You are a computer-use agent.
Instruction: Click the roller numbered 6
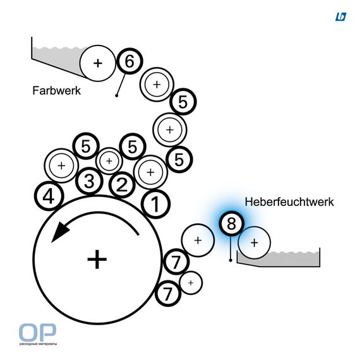pyautogui.click(x=129, y=61)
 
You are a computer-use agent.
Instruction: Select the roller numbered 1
pyautogui.click(x=155, y=204)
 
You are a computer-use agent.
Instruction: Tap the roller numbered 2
pyautogui.click(x=122, y=185)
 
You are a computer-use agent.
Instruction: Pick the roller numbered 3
pyautogui.click(x=89, y=181)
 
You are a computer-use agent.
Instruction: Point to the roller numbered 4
pyautogui.click(x=49, y=196)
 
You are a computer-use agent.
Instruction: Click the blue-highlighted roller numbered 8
pyautogui.click(x=231, y=224)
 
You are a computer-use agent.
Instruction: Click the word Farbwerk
pyautogui.click(x=56, y=91)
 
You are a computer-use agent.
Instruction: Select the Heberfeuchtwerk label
pyautogui.click(x=289, y=202)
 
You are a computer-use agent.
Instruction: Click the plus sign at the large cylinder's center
pyautogui.click(x=97, y=260)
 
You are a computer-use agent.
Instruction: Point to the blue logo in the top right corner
pyautogui.click(x=340, y=17)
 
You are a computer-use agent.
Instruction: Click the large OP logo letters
pyautogui.click(x=37, y=332)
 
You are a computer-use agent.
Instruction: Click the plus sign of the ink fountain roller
pyautogui.click(x=98, y=63)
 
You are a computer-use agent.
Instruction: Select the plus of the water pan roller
pyautogui.click(x=254, y=243)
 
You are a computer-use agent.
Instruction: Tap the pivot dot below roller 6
pyautogui.click(x=117, y=95)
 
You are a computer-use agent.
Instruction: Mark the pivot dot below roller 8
pyautogui.click(x=231, y=260)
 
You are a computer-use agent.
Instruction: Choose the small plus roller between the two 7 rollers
pyautogui.click(x=191, y=283)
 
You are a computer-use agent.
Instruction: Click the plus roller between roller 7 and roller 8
pyautogui.click(x=198, y=241)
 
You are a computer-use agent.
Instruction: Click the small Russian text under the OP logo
pyautogui.click(x=38, y=344)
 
